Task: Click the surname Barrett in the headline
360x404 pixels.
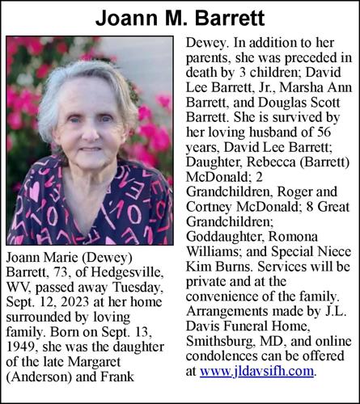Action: tap(226, 17)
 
